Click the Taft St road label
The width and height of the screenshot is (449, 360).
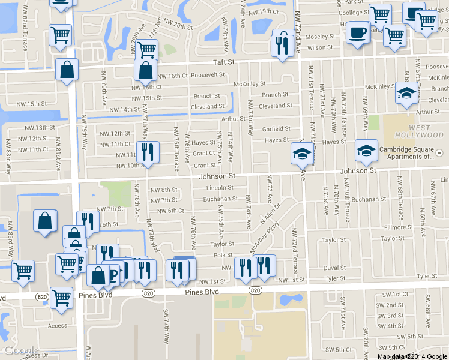click(226, 62)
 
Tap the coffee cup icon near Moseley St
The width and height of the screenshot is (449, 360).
click(358, 32)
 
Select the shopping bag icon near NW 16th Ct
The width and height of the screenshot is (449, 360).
click(146, 70)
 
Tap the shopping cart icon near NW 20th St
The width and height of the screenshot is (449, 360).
click(146, 49)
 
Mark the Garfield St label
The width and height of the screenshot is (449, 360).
click(276, 129)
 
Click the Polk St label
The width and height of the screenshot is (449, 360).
click(222, 256)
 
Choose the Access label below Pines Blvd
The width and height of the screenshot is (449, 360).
click(58, 326)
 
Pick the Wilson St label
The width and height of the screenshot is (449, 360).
click(320, 47)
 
